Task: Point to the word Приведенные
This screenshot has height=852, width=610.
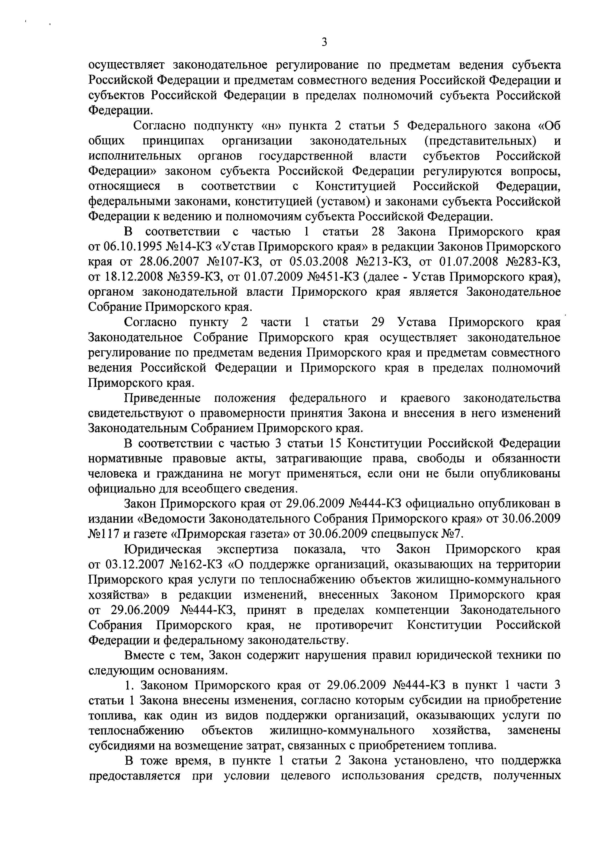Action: coord(162,398)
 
